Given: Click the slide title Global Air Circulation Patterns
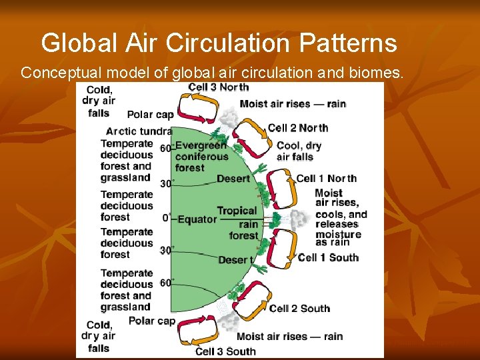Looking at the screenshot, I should [219, 43].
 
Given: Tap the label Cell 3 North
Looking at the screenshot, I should [219, 87].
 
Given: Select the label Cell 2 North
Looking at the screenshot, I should [298, 128].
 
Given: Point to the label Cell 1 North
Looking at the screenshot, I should [326, 178].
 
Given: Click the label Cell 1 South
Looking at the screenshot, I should [328, 257].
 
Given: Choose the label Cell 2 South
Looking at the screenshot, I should [299, 308].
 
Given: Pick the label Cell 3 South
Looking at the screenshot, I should [225, 351].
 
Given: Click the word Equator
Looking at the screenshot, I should [197, 219].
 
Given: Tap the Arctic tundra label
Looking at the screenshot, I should [139, 131].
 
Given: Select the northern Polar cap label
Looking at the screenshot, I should [150, 115].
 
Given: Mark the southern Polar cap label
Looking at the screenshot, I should [151, 321].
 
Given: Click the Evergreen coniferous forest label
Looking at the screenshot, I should [201, 157].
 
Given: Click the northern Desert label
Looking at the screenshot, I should [233, 179].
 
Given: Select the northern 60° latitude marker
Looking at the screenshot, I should [167, 148].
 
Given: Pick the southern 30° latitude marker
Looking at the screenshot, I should [167, 250].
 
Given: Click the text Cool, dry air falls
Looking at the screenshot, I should [299, 151].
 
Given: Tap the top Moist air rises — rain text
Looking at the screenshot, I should [293, 103].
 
